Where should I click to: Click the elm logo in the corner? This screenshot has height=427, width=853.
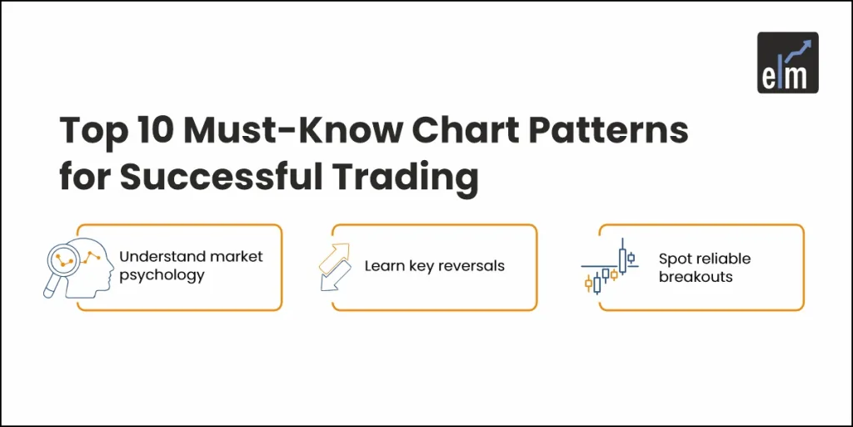point(787,63)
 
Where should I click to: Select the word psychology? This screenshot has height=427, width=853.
point(162,276)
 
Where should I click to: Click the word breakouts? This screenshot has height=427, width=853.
point(696,277)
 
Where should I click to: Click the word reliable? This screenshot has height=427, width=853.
point(724,259)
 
